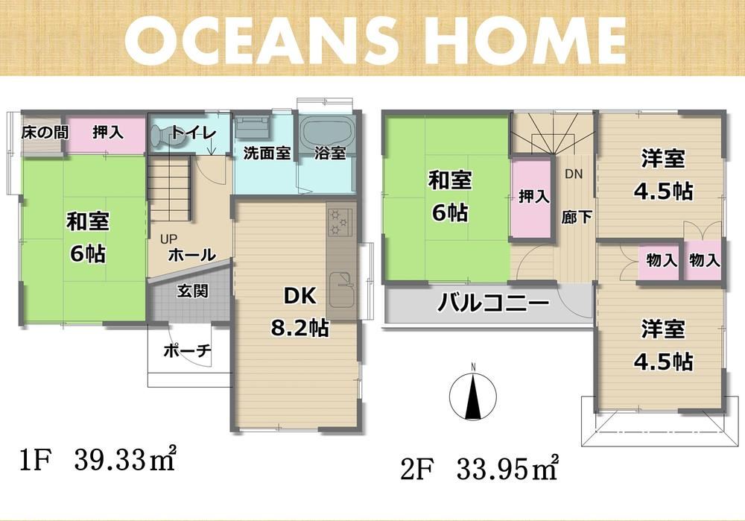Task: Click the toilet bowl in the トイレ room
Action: [x=164, y=136]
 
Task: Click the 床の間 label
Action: [x=45, y=133]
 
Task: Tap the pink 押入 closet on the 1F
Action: [x=106, y=134]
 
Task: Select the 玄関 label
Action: [x=193, y=291]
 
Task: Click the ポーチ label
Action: [x=187, y=351]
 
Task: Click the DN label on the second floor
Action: [x=574, y=174]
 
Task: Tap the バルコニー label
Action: [x=492, y=303]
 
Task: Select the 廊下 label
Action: [x=577, y=217]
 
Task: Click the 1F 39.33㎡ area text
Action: [x=98, y=459]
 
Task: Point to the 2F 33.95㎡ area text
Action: [x=479, y=469]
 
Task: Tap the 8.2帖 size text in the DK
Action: [x=299, y=328]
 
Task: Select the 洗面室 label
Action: [x=267, y=153]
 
